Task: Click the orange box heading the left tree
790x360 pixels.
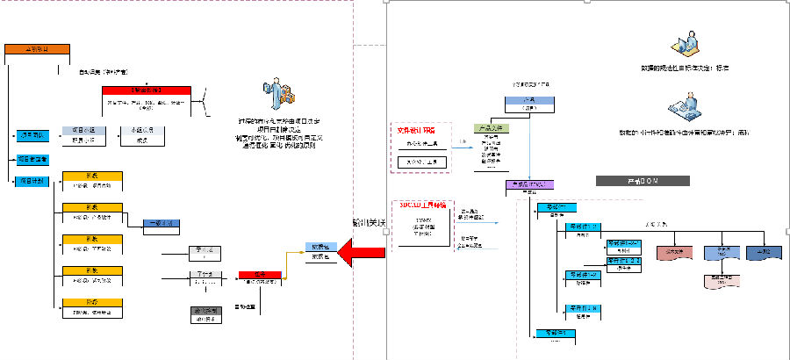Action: pyautogui.click(x=36, y=48)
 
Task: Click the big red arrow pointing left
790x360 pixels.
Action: pyautogui.click(x=363, y=255)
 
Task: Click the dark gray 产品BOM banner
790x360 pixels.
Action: pyautogui.click(x=628, y=180)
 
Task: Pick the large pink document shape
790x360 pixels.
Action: pyautogui.click(x=673, y=252)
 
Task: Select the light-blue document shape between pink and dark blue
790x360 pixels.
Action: pyautogui.click(x=723, y=252)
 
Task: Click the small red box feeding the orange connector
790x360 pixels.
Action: pyautogui.click(x=259, y=276)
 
